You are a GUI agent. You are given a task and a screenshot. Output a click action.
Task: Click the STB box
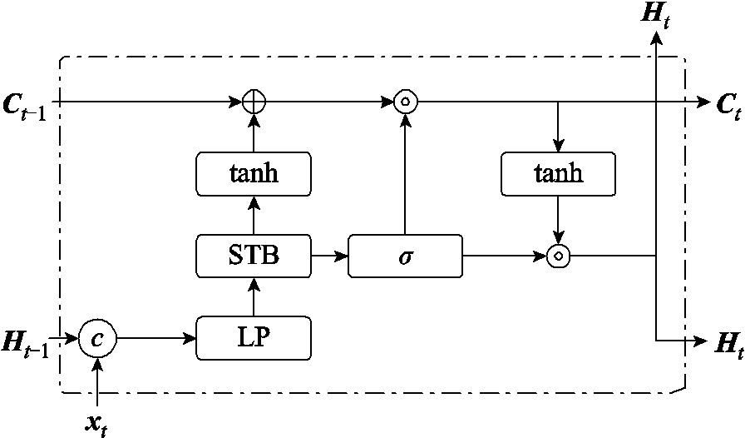click(254, 256)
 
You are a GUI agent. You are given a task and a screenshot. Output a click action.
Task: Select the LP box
click(254, 339)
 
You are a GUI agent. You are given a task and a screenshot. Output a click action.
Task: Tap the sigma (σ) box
click(405, 256)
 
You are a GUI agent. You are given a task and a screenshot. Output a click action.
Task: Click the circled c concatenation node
click(98, 339)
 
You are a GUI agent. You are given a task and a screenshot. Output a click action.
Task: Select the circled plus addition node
click(254, 102)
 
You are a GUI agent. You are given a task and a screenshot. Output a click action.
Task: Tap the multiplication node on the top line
click(405, 102)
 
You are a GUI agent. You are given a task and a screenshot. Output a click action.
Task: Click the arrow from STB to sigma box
click(330, 256)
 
